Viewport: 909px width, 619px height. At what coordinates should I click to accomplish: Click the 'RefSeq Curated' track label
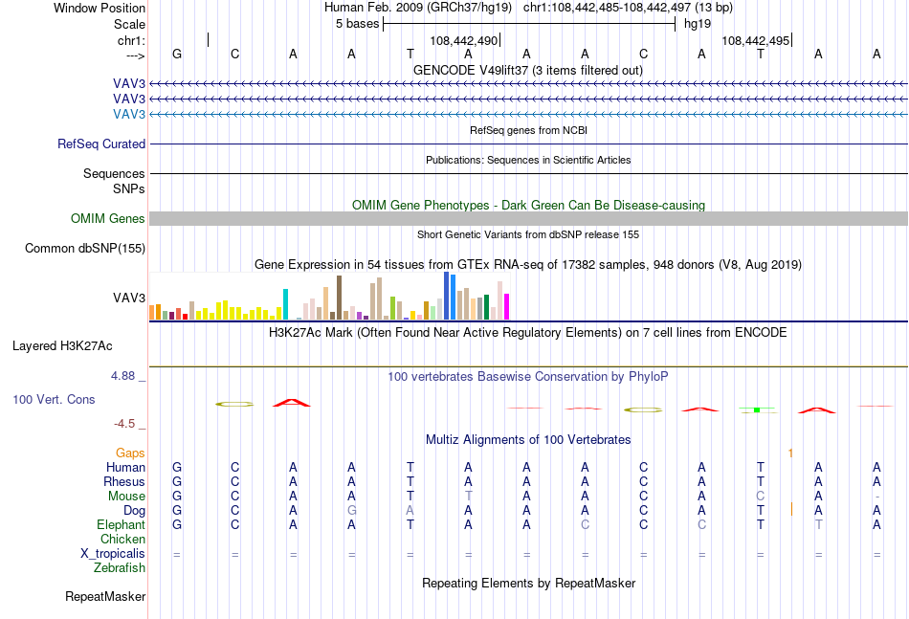click(101, 144)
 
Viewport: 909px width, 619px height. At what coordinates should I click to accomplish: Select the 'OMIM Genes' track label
click(108, 218)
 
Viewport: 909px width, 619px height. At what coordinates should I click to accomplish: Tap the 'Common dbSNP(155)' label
click(85, 248)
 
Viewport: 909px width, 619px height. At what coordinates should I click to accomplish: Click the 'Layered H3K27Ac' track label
click(62, 346)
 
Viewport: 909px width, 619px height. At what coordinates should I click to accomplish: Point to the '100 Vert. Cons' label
click(54, 399)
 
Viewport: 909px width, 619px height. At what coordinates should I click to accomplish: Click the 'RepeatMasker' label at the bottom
click(105, 596)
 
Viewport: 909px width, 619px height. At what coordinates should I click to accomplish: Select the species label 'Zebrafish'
click(120, 568)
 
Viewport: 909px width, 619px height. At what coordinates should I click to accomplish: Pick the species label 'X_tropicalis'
click(113, 554)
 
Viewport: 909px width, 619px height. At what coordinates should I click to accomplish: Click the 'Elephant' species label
click(122, 524)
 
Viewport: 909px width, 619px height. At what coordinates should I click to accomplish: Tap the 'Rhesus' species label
click(124, 481)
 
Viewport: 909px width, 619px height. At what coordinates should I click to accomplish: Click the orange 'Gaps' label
click(130, 453)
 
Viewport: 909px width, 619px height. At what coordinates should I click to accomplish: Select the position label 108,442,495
click(755, 40)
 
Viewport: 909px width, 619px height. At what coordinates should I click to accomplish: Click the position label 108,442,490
click(464, 40)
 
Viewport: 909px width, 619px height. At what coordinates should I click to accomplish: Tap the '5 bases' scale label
click(357, 24)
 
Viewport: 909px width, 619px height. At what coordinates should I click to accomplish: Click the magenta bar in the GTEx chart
click(507, 306)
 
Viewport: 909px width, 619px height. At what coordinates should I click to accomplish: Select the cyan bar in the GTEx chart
click(286, 304)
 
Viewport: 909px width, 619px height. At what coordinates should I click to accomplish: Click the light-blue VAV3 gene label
click(129, 114)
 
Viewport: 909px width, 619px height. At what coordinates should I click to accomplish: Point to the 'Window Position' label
click(100, 8)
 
